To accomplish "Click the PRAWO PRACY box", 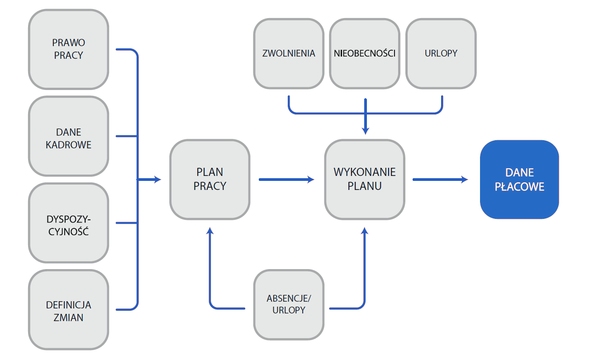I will [68, 49].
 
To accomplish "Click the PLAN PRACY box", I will [209, 180].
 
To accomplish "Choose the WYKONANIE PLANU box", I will [365, 180].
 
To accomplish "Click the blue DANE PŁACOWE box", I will [519, 180].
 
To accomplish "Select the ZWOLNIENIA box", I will [289, 53].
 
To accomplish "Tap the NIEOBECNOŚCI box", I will [365, 53].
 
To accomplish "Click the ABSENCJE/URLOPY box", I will [289, 304].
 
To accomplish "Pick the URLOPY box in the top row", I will [441, 53].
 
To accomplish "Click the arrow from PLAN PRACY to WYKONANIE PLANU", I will [286, 180].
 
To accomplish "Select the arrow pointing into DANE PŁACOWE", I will [440, 180].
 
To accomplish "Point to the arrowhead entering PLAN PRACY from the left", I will [157, 180].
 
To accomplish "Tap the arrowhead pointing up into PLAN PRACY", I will [209, 231].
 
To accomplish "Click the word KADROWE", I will [68, 145].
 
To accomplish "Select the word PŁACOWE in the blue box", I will [519, 186].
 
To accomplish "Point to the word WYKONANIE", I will [365, 172].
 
